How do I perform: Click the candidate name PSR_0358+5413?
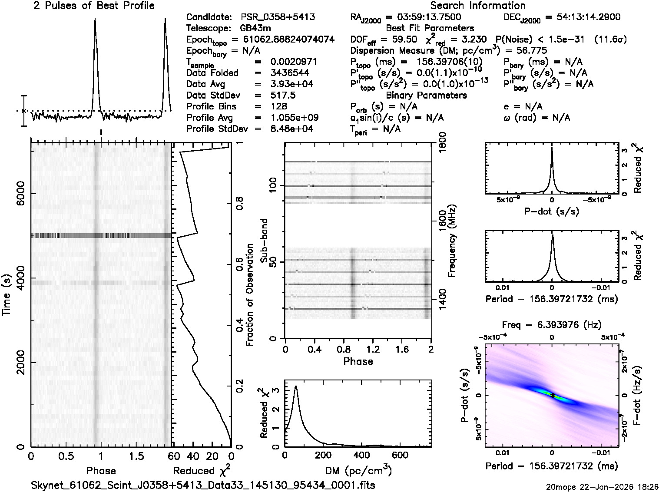pyautogui.click(x=278, y=17)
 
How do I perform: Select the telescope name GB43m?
pyautogui.click(x=256, y=29)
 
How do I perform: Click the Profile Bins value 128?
pyautogui.click(x=279, y=106)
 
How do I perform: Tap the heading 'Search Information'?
pyautogui.click(x=477, y=6)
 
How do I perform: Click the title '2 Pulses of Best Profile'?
pyautogui.click(x=94, y=6)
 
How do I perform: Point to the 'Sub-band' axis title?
pyautogui.click(x=264, y=241)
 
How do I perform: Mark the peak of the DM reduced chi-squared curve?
pyautogui.click(x=296, y=386)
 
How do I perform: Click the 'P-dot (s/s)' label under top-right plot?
pyautogui.click(x=552, y=211)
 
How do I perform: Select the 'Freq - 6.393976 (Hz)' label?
pyautogui.click(x=552, y=325)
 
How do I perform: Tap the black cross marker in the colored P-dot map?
pyautogui.click(x=552, y=395)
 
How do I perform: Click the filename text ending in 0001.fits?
pyautogui.click(x=203, y=485)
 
